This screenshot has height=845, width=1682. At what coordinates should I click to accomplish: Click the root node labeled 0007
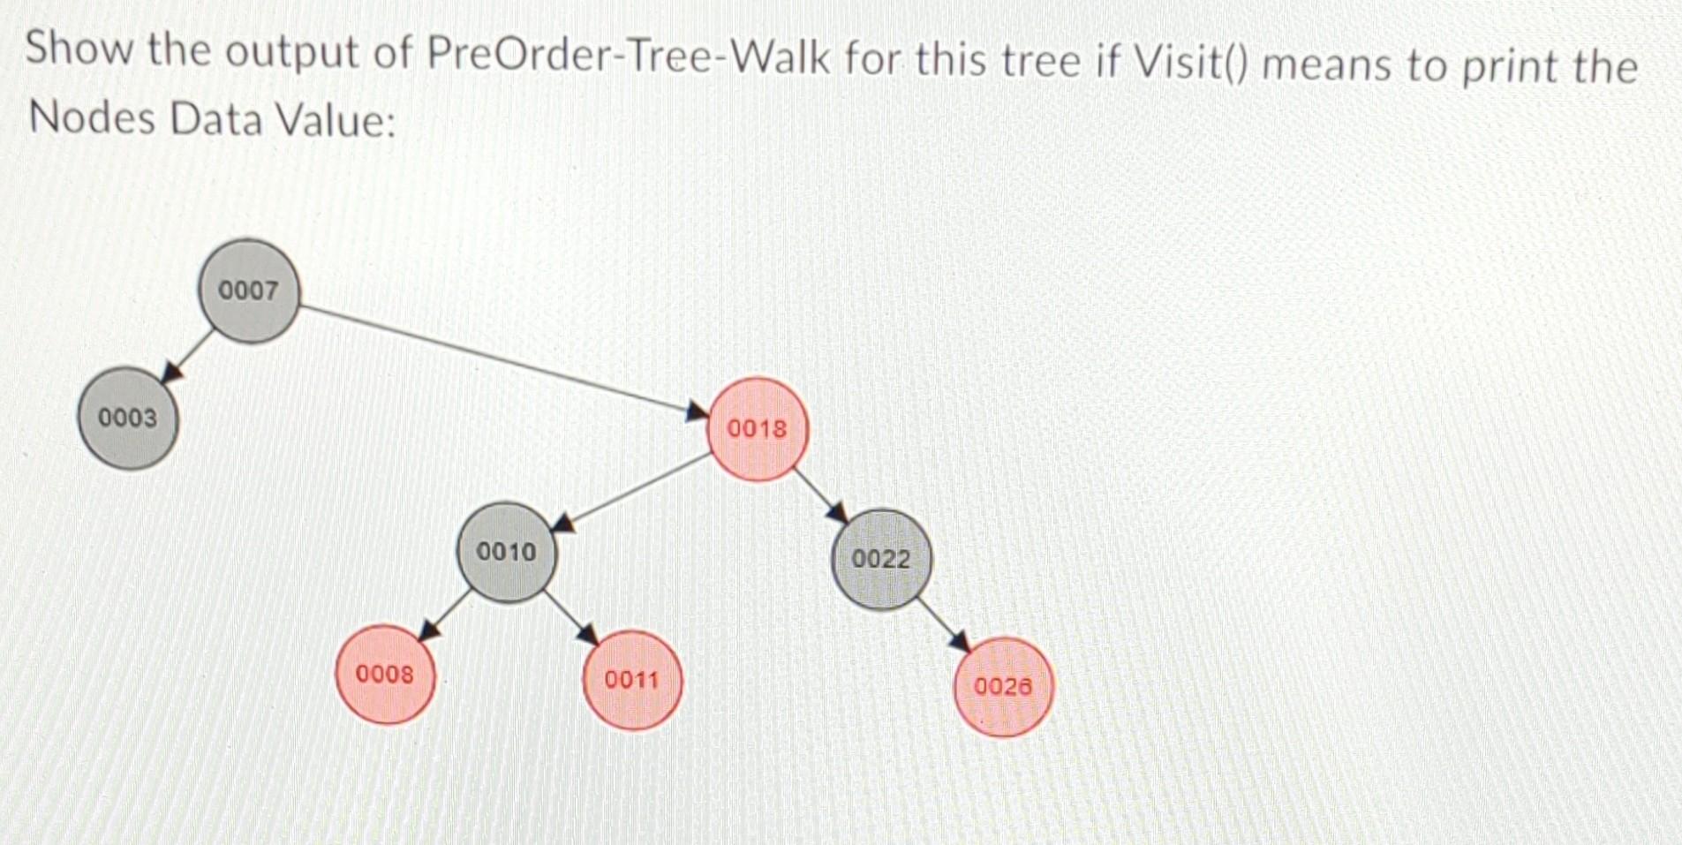(250, 290)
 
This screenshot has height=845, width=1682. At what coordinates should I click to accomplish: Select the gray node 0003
(129, 418)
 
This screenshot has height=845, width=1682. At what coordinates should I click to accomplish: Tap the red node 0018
(758, 429)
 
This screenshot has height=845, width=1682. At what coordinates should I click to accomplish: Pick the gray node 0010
(507, 552)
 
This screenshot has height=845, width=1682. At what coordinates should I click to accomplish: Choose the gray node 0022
(881, 559)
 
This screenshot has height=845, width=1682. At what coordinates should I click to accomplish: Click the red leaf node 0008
(385, 675)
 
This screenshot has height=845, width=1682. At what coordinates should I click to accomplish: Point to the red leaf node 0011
(632, 680)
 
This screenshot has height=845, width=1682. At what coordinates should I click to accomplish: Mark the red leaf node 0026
(1003, 686)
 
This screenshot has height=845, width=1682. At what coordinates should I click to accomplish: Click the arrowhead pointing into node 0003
(174, 372)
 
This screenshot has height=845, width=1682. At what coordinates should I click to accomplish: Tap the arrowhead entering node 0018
(698, 410)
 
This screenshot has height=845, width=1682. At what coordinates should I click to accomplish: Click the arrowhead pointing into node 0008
(430, 630)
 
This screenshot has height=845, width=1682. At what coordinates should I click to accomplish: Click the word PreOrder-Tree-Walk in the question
(629, 57)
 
